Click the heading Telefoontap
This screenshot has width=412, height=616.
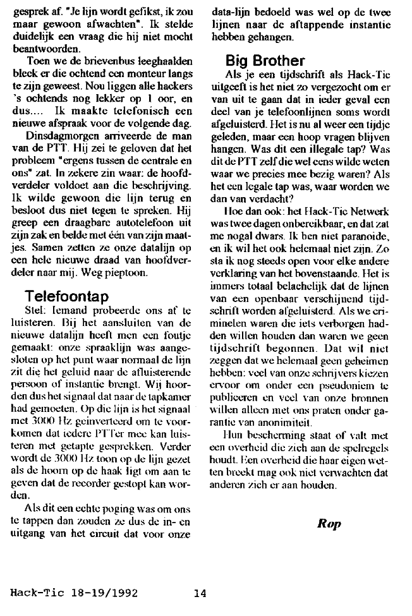coord(66,296)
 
